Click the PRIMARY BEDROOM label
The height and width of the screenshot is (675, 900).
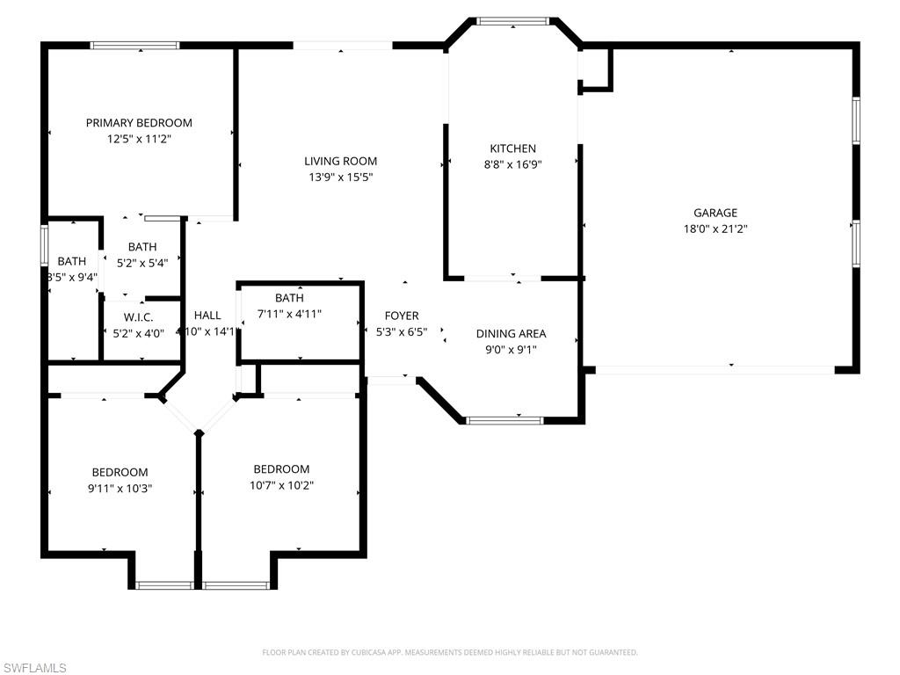point(139,123)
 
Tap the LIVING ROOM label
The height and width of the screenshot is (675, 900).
point(341,161)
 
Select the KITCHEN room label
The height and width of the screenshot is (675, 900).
point(513,149)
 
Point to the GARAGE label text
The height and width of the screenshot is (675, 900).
point(715,213)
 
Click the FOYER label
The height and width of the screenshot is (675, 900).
point(402,316)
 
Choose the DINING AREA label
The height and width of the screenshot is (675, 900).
point(511,334)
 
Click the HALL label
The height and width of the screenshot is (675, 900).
point(207,316)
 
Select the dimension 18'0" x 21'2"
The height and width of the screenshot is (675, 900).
point(715,229)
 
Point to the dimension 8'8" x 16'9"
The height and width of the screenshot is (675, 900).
point(513,163)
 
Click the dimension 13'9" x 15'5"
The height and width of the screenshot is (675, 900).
point(341,177)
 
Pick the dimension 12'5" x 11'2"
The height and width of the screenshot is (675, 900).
point(139,138)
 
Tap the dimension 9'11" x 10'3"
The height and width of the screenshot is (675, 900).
point(120,488)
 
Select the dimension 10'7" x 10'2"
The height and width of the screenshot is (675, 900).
point(281,484)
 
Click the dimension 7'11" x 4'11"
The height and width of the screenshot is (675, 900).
point(288,313)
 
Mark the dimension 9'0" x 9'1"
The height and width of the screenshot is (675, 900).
point(511,349)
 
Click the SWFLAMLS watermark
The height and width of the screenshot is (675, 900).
point(35,668)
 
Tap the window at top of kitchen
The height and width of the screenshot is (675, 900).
point(512,19)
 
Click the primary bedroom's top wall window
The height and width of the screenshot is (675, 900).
point(135,45)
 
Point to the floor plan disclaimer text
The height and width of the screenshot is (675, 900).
point(450,652)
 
